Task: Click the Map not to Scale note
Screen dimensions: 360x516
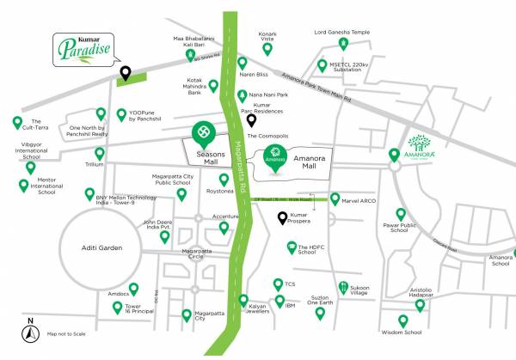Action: coord(69,333)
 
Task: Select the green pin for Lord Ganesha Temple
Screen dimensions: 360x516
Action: coord(342,44)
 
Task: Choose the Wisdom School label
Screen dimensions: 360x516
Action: coord(401,332)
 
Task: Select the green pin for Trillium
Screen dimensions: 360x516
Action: coord(100,153)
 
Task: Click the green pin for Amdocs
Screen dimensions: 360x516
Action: coord(132,289)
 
